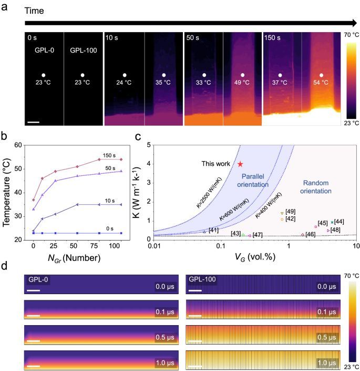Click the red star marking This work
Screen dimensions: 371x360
pyautogui.click(x=240, y=164)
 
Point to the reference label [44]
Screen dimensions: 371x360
pyautogui.click(x=339, y=222)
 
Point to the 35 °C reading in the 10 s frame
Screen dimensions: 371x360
pyautogui.click(x=164, y=83)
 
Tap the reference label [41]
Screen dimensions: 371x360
pyautogui.click(x=213, y=230)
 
